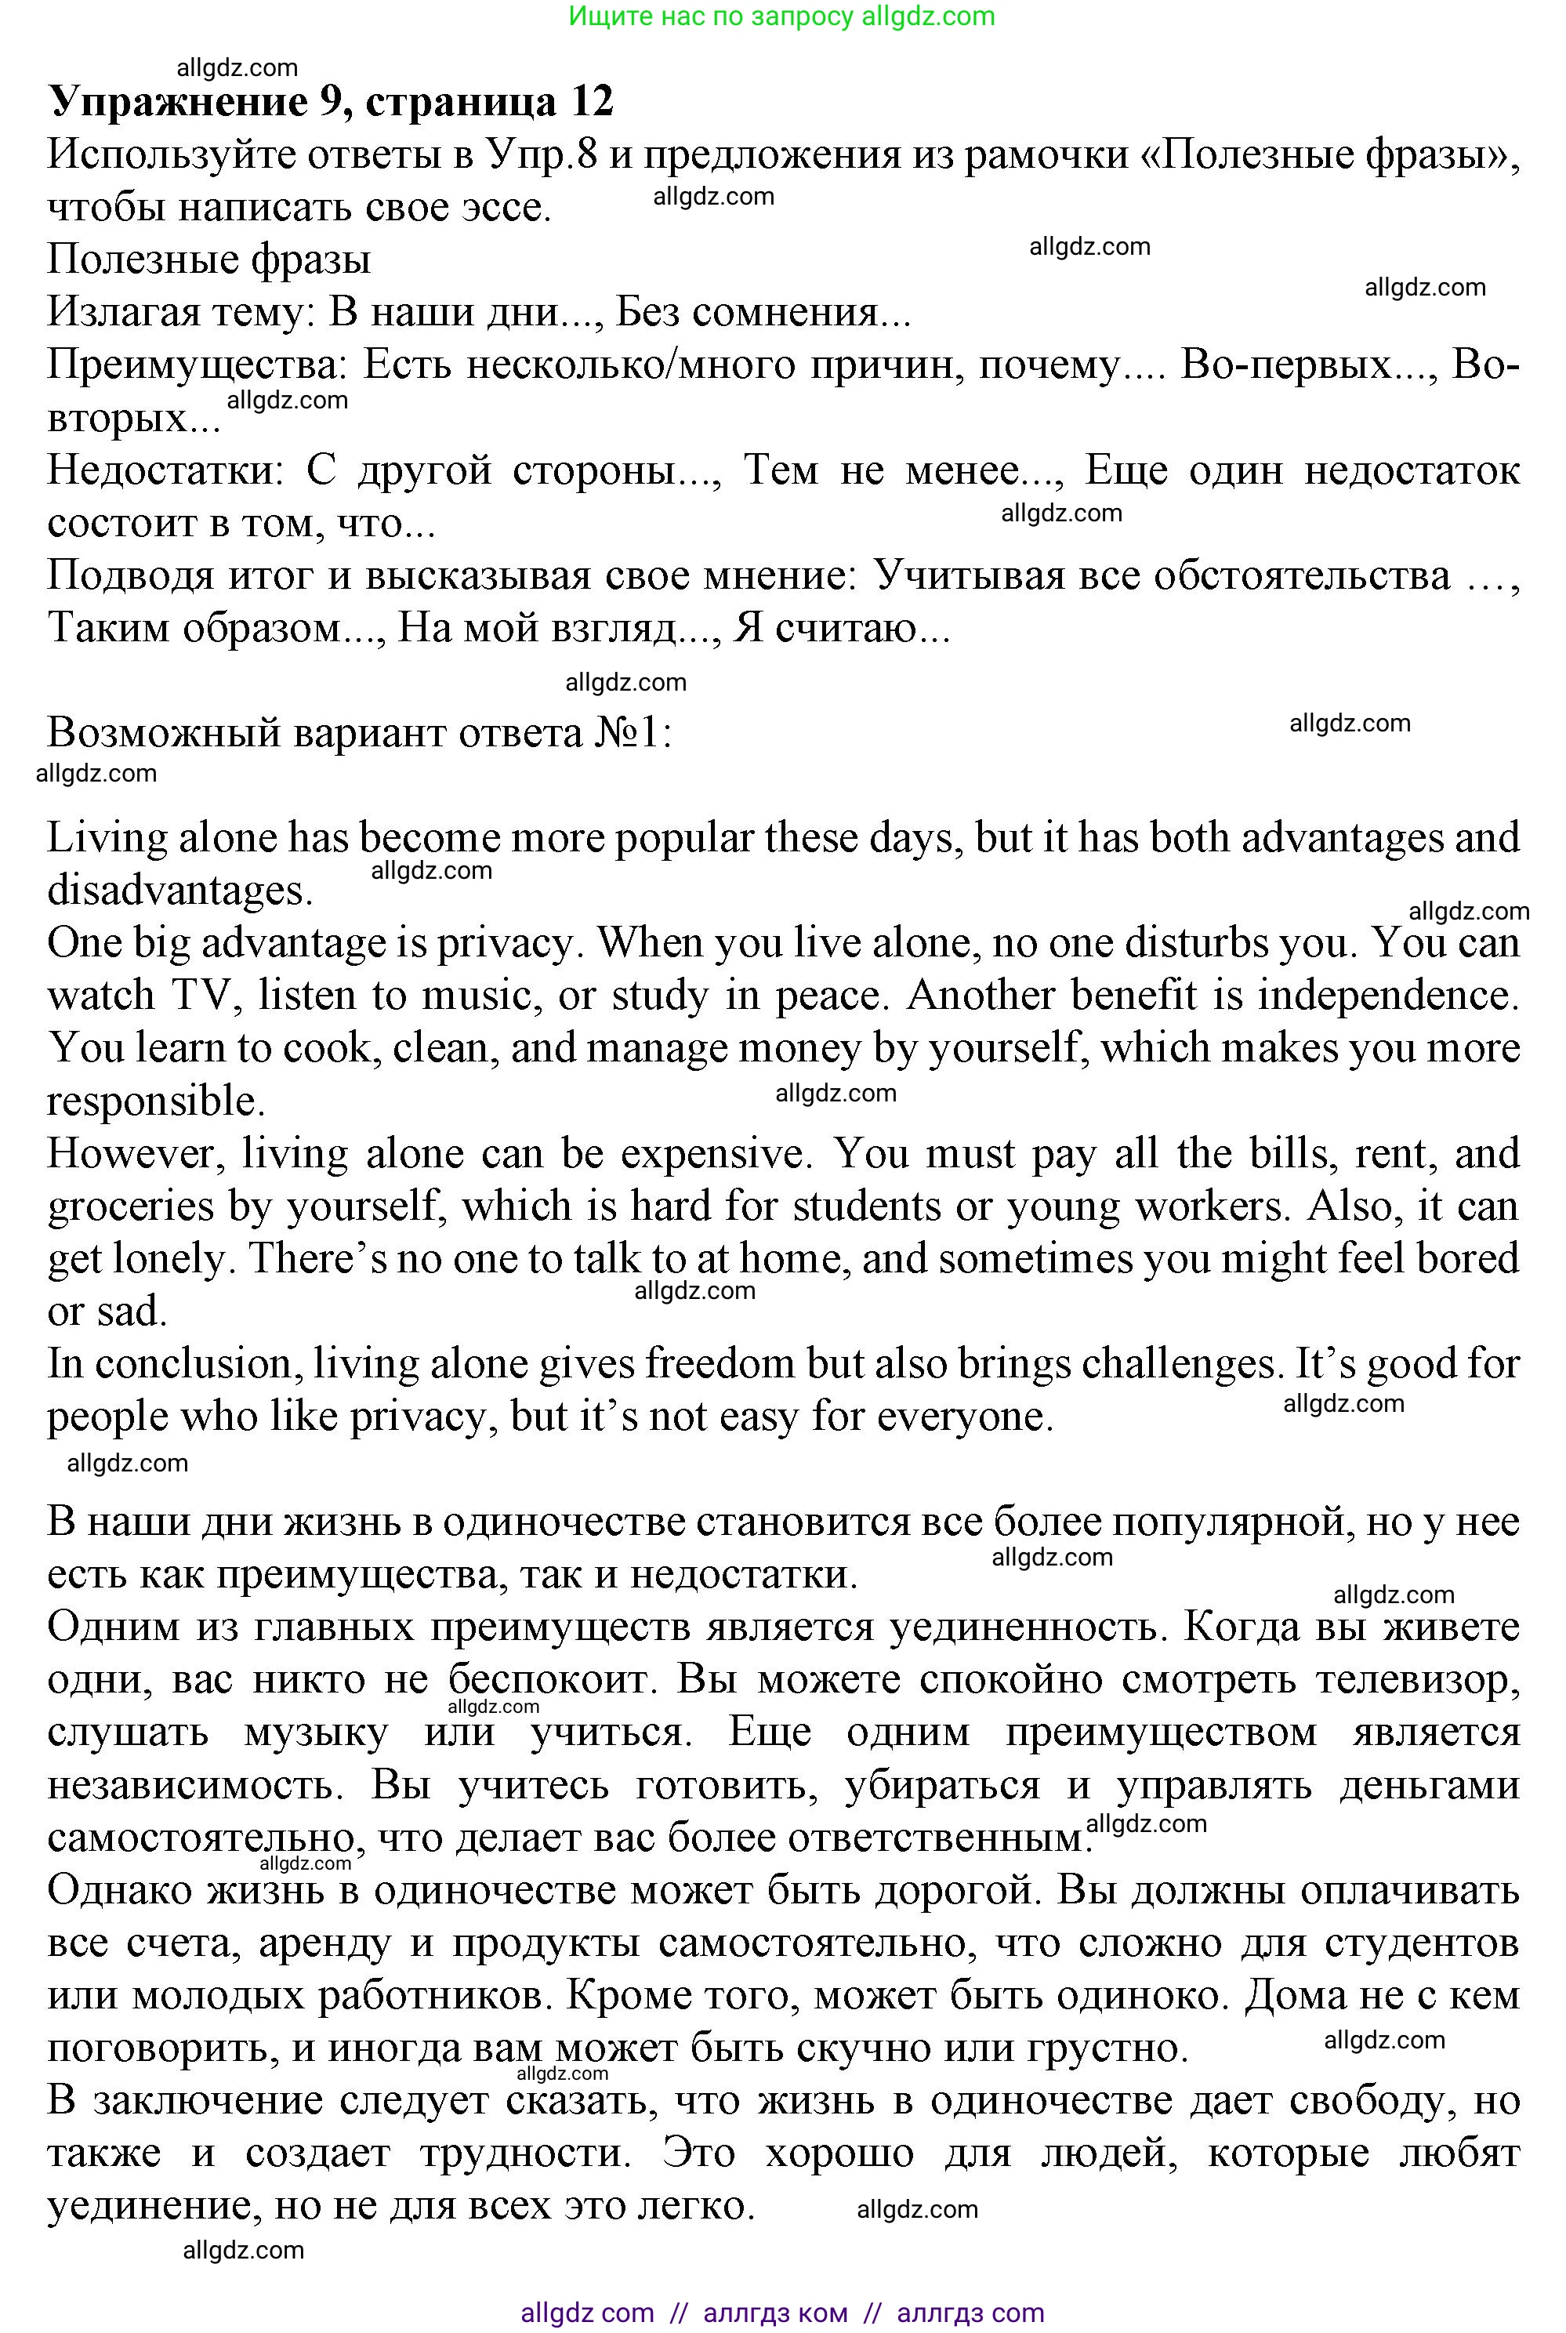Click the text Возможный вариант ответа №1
[360, 734]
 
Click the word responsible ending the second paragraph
[155, 1101]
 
